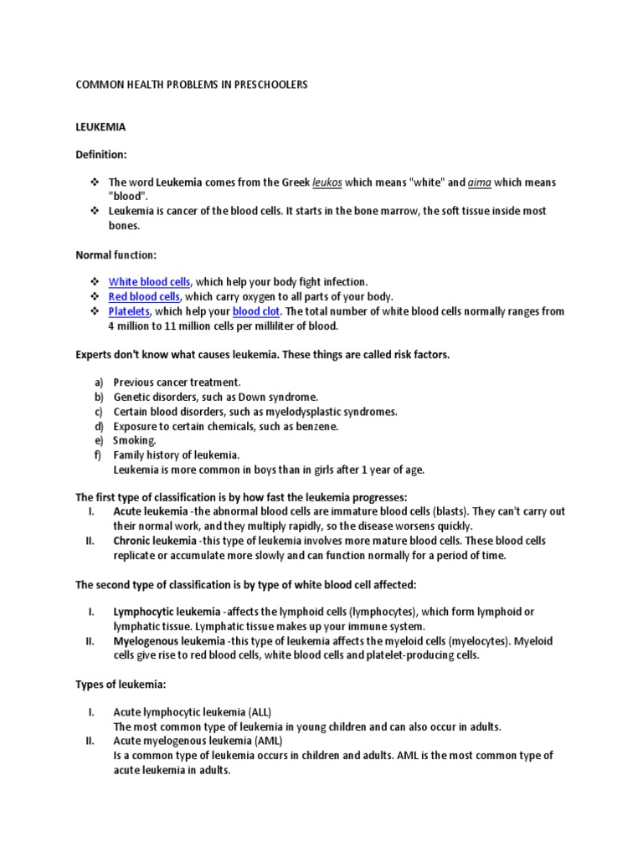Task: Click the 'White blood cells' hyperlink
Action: click(150, 282)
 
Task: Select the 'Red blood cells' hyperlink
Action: click(144, 296)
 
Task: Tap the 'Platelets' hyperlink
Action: click(128, 311)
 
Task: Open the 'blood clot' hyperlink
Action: click(257, 311)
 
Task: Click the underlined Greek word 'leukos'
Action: click(327, 182)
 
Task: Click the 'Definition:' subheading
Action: click(101, 155)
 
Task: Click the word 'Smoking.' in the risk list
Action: click(135, 440)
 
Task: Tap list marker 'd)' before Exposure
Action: click(99, 426)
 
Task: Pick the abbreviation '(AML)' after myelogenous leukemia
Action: click(267, 741)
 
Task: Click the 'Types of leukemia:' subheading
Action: click(121, 685)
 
